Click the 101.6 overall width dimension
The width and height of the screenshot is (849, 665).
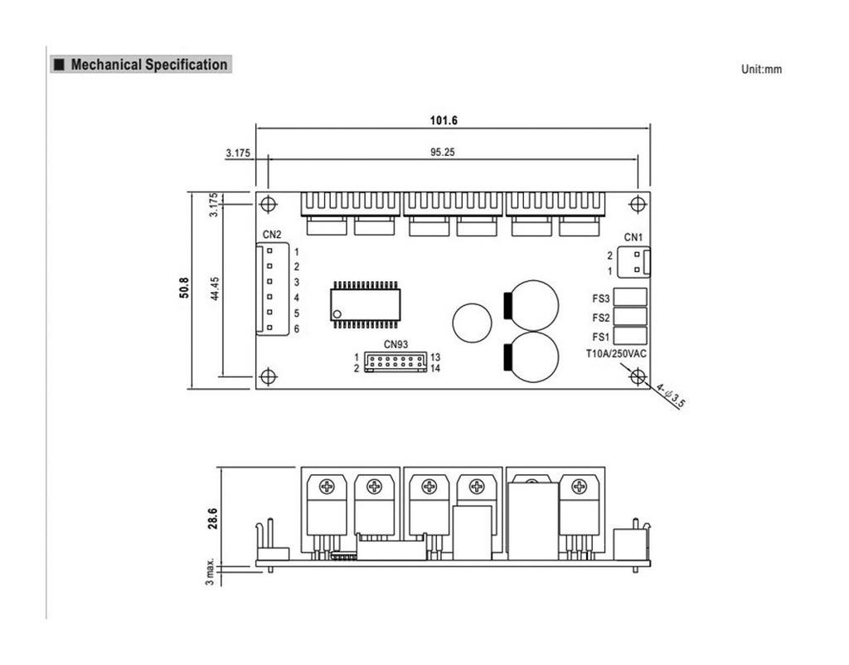(x=444, y=120)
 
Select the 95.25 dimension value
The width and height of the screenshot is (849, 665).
(x=443, y=153)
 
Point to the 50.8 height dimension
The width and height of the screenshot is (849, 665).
(x=184, y=288)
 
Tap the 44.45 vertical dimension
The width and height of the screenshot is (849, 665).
(x=215, y=289)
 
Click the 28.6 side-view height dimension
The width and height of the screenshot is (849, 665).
(x=212, y=518)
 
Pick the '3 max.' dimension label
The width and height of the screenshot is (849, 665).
(x=210, y=571)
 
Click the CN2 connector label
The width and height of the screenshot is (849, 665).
(x=272, y=235)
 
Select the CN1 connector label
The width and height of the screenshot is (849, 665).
(x=633, y=237)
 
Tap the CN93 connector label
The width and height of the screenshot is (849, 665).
(x=395, y=344)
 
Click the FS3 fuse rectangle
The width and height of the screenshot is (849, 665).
(x=630, y=298)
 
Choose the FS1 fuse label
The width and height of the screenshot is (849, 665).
(x=600, y=337)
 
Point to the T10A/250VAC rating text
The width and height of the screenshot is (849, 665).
(x=616, y=353)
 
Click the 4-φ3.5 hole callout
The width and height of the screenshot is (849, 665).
(x=671, y=396)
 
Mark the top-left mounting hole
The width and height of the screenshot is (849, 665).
(x=269, y=204)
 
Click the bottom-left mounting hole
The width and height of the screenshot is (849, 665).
(x=269, y=376)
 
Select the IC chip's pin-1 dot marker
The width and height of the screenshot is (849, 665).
(x=337, y=314)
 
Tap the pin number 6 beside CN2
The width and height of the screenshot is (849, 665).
(x=297, y=329)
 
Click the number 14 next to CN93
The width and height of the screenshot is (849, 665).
(x=435, y=369)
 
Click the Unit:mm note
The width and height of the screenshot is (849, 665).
(x=761, y=70)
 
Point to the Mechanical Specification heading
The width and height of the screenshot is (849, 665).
(x=149, y=65)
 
